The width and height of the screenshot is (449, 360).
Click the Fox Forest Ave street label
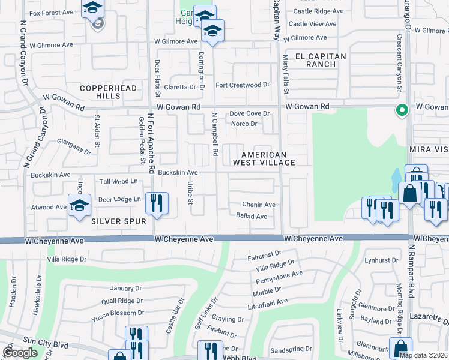point(51,13)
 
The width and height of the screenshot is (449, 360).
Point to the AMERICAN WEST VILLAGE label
point(268,158)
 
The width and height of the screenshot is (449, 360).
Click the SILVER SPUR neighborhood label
point(119,221)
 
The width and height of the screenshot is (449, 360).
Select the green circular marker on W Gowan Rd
point(402,110)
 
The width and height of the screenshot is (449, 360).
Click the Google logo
point(20,353)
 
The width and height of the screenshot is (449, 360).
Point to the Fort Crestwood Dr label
point(243,85)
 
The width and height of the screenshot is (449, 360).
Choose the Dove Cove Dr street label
point(250,113)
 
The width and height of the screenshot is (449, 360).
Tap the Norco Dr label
point(244,124)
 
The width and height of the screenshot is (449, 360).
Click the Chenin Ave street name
point(258,205)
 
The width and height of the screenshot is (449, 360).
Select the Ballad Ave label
point(252,216)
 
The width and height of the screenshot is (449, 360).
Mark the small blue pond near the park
point(396,176)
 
